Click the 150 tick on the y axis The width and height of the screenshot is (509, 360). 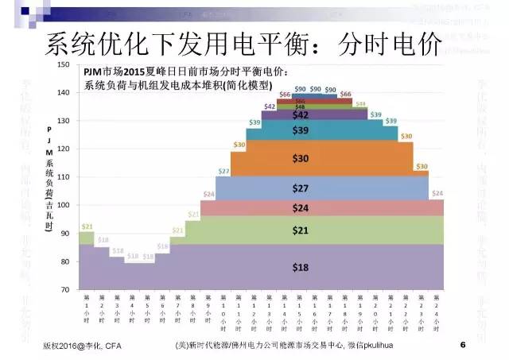point(64,64)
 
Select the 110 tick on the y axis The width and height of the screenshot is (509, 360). point(64,177)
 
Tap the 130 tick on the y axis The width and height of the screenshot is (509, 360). point(64,121)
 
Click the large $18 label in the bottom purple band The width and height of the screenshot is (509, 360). point(301,267)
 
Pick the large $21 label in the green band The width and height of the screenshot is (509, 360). point(301,230)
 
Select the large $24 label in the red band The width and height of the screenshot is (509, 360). point(301,207)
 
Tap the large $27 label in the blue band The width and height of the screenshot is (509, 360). point(301,188)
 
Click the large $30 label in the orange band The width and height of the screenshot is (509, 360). point(301,159)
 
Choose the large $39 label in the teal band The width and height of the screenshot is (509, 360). point(301,130)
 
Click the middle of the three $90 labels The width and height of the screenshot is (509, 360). point(316,89)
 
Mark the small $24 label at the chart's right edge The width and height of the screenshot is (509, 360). point(437,194)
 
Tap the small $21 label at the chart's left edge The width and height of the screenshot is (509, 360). point(87,226)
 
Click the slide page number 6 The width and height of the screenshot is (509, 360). point(462,346)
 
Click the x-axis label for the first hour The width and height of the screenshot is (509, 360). point(87,307)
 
